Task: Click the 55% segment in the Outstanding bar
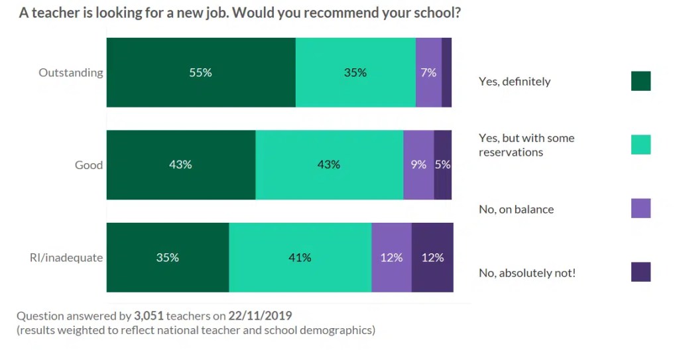pos(200,72)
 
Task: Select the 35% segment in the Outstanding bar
pos(355,72)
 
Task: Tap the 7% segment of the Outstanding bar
pos(428,72)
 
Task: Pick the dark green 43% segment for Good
pos(180,164)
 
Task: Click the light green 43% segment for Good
pos(329,164)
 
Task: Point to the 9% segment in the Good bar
pos(418,164)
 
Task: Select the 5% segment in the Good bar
pos(443,164)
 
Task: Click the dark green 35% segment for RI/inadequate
pos(167,257)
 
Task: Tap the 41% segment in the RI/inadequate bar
pos(300,257)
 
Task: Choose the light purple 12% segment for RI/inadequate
pos(391,257)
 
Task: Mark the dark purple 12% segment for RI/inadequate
pos(432,257)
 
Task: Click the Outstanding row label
pos(71,72)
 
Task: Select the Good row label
pos(89,164)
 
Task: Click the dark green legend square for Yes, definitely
pos(641,81)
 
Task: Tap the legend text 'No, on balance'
pos(516,209)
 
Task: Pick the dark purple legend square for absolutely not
pos(641,272)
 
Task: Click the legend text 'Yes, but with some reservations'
pos(526,145)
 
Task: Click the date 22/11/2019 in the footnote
pos(260,316)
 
